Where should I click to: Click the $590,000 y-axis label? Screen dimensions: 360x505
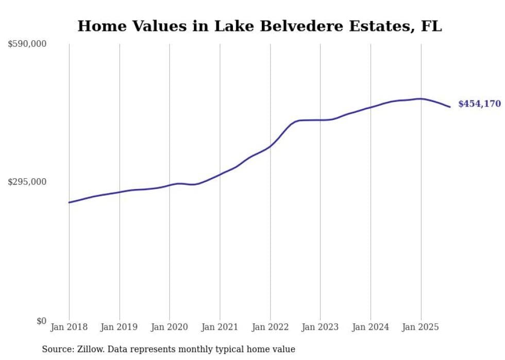point(27,44)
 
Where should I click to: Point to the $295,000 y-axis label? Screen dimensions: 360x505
point(27,182)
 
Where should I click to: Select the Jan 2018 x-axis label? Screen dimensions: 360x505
point(69,327)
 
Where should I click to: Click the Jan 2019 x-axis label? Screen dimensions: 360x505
point(119,327)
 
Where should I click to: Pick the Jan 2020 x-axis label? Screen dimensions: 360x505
point(170,327)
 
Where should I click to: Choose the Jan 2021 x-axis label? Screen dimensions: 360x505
point(220,327)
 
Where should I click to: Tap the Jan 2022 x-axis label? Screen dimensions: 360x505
point(270,327)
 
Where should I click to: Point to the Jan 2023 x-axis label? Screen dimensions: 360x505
point(320,327)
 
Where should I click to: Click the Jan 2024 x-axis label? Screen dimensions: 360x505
point(371,327)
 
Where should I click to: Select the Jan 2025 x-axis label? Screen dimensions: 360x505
point(420,327)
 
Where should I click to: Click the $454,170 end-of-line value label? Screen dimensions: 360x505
point(479,104)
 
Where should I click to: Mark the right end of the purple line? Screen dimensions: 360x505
point(450,107)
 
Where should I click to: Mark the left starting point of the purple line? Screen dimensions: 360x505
point(69,202)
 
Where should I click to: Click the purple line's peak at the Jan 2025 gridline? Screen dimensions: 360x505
point(420,98)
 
